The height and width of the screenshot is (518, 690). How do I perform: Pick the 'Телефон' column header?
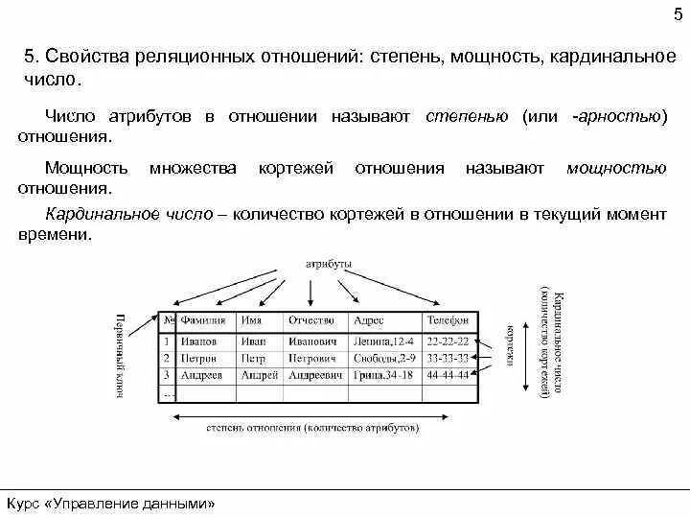coord(448,320)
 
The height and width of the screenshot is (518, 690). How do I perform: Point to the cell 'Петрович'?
coord(311,358)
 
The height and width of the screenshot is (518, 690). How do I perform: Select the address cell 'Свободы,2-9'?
coord(382,358)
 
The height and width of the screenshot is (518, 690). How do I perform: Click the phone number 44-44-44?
coord(448,375)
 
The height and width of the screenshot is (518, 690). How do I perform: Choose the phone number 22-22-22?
coord(448,341)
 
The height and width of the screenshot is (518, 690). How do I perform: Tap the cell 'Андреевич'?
coord(315,375)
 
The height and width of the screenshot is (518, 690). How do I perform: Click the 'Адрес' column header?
coord(369,320)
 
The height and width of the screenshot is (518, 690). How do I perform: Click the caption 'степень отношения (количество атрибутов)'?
coord(312,429)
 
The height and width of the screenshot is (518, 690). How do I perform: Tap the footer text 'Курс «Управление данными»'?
coord(111,503)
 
